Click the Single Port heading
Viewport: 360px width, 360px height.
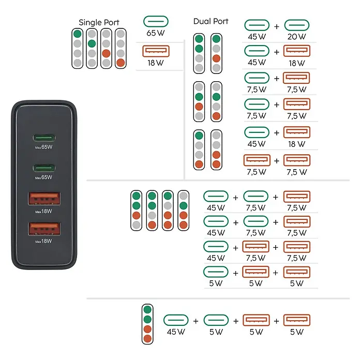click(x=99, y=23)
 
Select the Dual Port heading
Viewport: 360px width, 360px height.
click(x=211, y=21)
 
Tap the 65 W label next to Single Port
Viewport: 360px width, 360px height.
click(x=156, y=33)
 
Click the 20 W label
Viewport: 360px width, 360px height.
click(x=296, y=37)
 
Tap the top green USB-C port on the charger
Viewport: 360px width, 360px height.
click(x=44, y=138)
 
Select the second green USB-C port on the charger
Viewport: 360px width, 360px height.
click(x=44, y=168)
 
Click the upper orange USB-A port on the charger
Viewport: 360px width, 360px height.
click(x=44, y=199)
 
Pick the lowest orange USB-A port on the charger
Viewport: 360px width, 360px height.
click(x=44, y=229)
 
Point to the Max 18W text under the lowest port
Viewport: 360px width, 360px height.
click(x=43, y=241)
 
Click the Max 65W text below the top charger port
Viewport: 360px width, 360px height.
click(x=43, y=147)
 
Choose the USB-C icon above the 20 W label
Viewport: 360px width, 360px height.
click(x=296, y=25)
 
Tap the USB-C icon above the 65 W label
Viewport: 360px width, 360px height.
click(x=156, y=22)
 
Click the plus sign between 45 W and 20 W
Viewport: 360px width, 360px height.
click(x=277, y=26)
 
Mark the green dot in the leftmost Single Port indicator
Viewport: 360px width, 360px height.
click(x=78, y=34)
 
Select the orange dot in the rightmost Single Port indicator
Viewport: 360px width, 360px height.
click(x=121, y=63)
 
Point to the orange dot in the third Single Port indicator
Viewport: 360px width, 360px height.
click(x=106, y=53)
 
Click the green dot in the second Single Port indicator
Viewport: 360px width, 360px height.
click(x=92, y=43)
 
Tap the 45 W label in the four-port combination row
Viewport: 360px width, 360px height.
click(x=176, y=332)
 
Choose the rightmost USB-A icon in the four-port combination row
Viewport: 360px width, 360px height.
click(x=297, y=320)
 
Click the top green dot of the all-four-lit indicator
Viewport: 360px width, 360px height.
click(x=147, y=309)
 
